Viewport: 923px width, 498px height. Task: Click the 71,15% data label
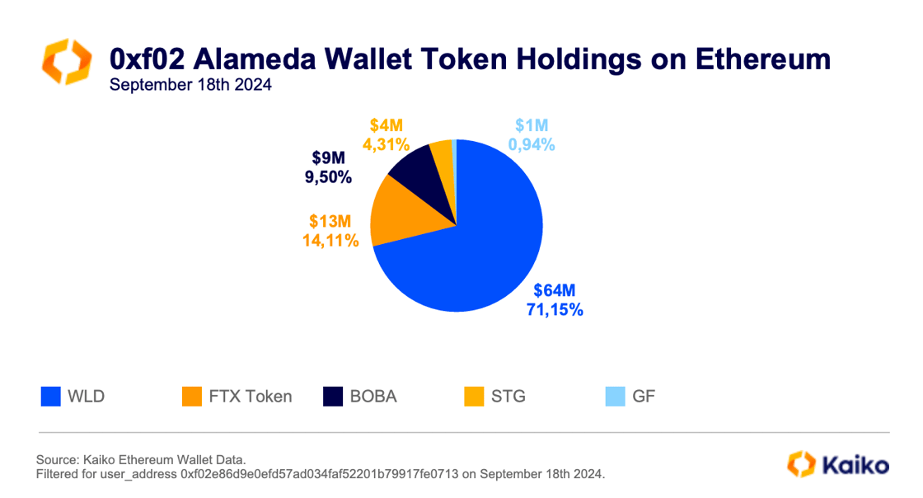click(555, 310)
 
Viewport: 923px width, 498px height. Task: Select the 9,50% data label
click(327, 177)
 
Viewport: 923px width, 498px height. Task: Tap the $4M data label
click(386, 126)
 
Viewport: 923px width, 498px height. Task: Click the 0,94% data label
click(531, 144)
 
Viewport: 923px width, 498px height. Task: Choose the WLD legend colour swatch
click(51, 397)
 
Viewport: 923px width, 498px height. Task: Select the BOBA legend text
click(373, 397)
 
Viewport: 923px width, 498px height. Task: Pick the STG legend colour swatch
click(475, 397)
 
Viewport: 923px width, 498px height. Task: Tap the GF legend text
click(644, 397)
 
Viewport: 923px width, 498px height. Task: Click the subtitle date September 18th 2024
click(190, 85)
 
